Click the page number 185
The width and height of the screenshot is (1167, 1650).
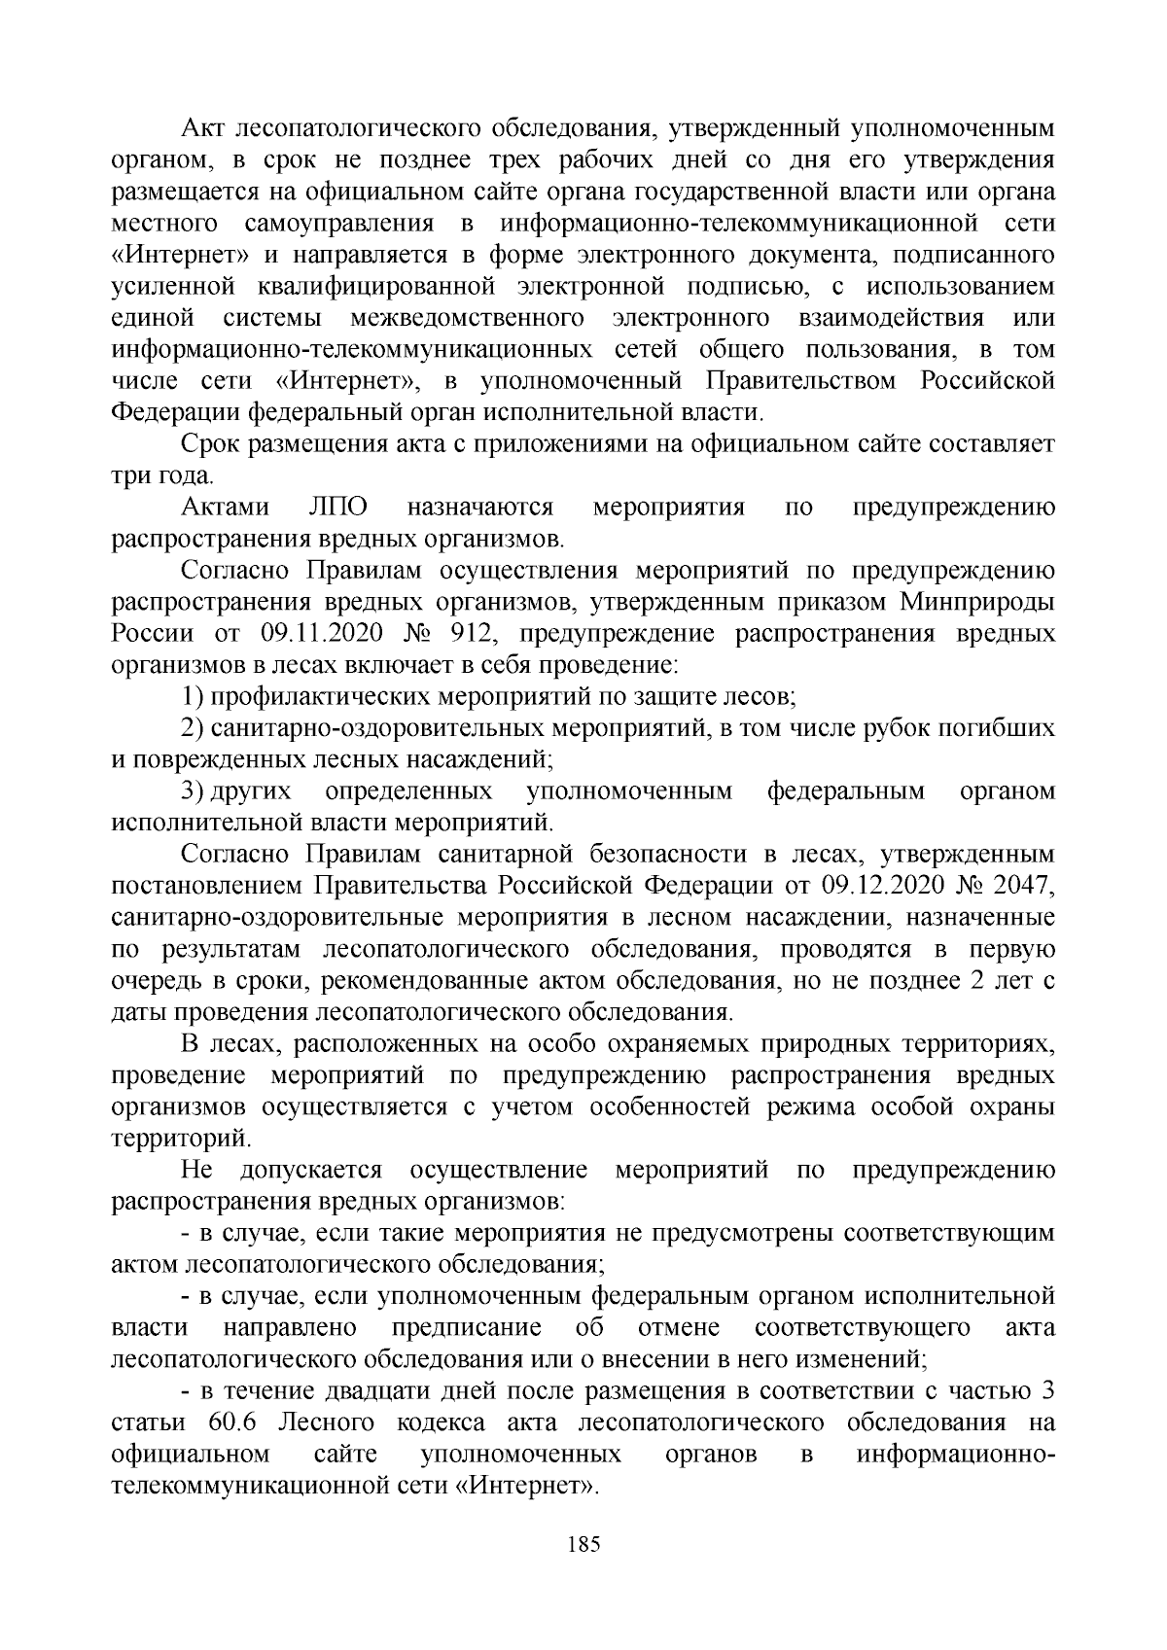click(x=583, y=1544)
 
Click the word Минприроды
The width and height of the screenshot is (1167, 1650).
click(x=978, y=603)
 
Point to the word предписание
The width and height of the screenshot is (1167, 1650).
click(x=466, y=1328)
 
